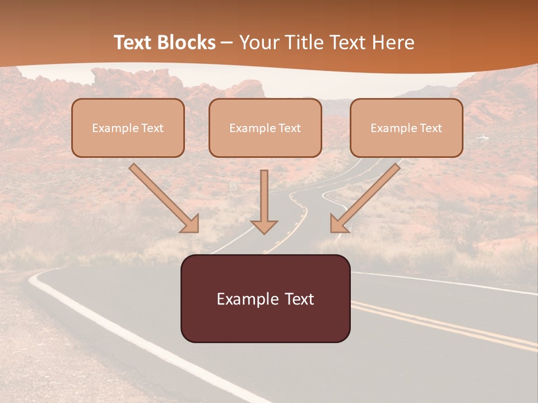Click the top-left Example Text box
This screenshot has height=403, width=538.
point(128,128)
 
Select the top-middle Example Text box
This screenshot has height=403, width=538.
point(265,128)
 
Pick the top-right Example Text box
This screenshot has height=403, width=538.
point(406,128)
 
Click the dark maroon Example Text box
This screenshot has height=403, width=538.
point(265,298)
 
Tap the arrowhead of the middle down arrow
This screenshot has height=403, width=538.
point(264,226)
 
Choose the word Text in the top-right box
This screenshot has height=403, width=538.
point(431,128)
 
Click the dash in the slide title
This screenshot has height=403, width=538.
point(227,43)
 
